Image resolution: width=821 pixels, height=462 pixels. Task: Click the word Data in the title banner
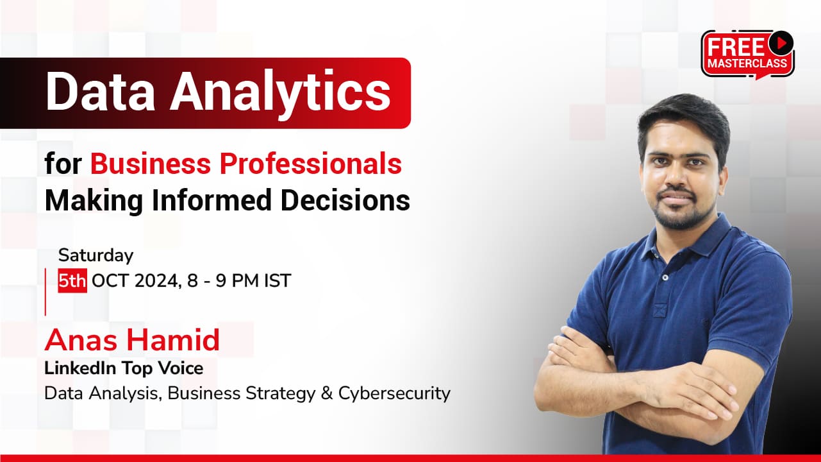[x=100, y=91]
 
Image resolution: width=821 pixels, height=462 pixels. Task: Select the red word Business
[x=151, y=164]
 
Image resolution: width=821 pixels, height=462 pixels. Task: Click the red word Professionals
[x=311, y=164]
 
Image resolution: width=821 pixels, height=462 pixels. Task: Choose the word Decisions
[x=345, y=200]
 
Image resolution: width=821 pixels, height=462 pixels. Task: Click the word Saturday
[x=96, y=255]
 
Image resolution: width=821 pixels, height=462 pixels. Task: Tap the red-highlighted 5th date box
[x=72, y=280]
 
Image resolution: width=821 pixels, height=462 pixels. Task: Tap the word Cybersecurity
[x=394, y=394]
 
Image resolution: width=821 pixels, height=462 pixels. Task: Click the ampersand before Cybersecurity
[x=327, y=393]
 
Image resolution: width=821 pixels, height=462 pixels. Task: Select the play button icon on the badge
[x=781, y=43]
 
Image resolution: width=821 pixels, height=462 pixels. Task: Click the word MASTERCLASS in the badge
[x=747, y=64]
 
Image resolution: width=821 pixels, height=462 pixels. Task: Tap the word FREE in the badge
[x=736, y=47]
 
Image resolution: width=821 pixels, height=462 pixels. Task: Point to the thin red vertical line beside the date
[x=46, y=292]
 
